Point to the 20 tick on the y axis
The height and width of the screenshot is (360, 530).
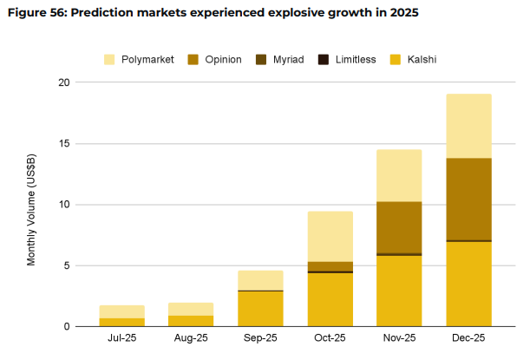pos(62,82)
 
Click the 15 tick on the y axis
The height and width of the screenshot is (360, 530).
pos(62,143)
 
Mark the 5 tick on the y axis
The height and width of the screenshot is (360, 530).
pos(65,265)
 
